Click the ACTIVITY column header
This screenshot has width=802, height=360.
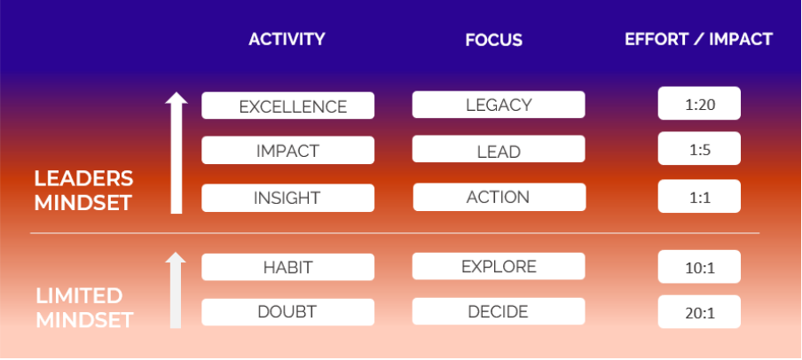pyautogui.click(x=287, y=39)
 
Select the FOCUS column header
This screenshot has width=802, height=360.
pyautogui.click(x=493, y=40)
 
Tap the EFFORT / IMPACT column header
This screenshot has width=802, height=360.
pyautogui.click(x=698, y=39)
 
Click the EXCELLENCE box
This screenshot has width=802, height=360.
pyautogui.click(x=288, y=106)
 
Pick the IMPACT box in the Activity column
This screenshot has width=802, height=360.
pyautogui.click(x=288, y=151)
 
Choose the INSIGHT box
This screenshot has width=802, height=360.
pyautogui.click(x=288, y=198)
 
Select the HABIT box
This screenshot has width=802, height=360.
pyautogui.click(x=288, y=267)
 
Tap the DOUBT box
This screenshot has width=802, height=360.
pyautogui.click(x=288, y=312)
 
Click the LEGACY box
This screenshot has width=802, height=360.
pyautogui.click(x=499, y=105)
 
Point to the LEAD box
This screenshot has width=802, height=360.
pyautogui.click(x=499, y=149)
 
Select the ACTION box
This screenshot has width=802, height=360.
pyautogui.click(x=499, y=198)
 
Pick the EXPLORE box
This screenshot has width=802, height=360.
pyautogui.click(x=499, y=266)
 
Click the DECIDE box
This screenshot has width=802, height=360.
pyautogui.click(x=499, y=311)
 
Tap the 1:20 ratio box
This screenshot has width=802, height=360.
pyautogui.click(x=699, y=103)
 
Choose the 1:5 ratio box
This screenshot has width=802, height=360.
pyautogui.click(x=699, y=148)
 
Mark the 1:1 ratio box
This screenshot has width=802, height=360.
pyautogui.click(x=699, y=196)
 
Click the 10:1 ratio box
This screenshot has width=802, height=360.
pyautogui.click(x=699, y=266)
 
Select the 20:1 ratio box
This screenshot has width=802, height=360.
pyautogui.click(x=699, y=311)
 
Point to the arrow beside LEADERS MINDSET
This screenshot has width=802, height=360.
pyautogui.click(x=177, y=153)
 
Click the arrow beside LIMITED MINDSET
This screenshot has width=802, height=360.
pyautogui.click(x=176, y=290)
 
